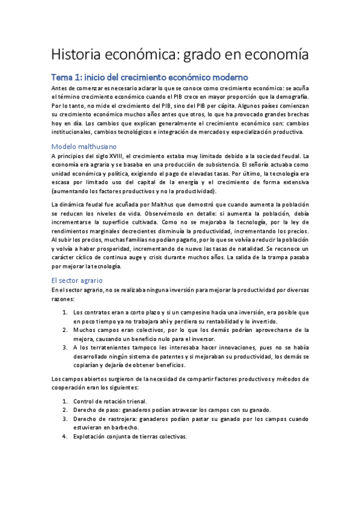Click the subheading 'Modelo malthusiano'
coord(85,146)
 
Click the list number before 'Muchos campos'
coord(65,330)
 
